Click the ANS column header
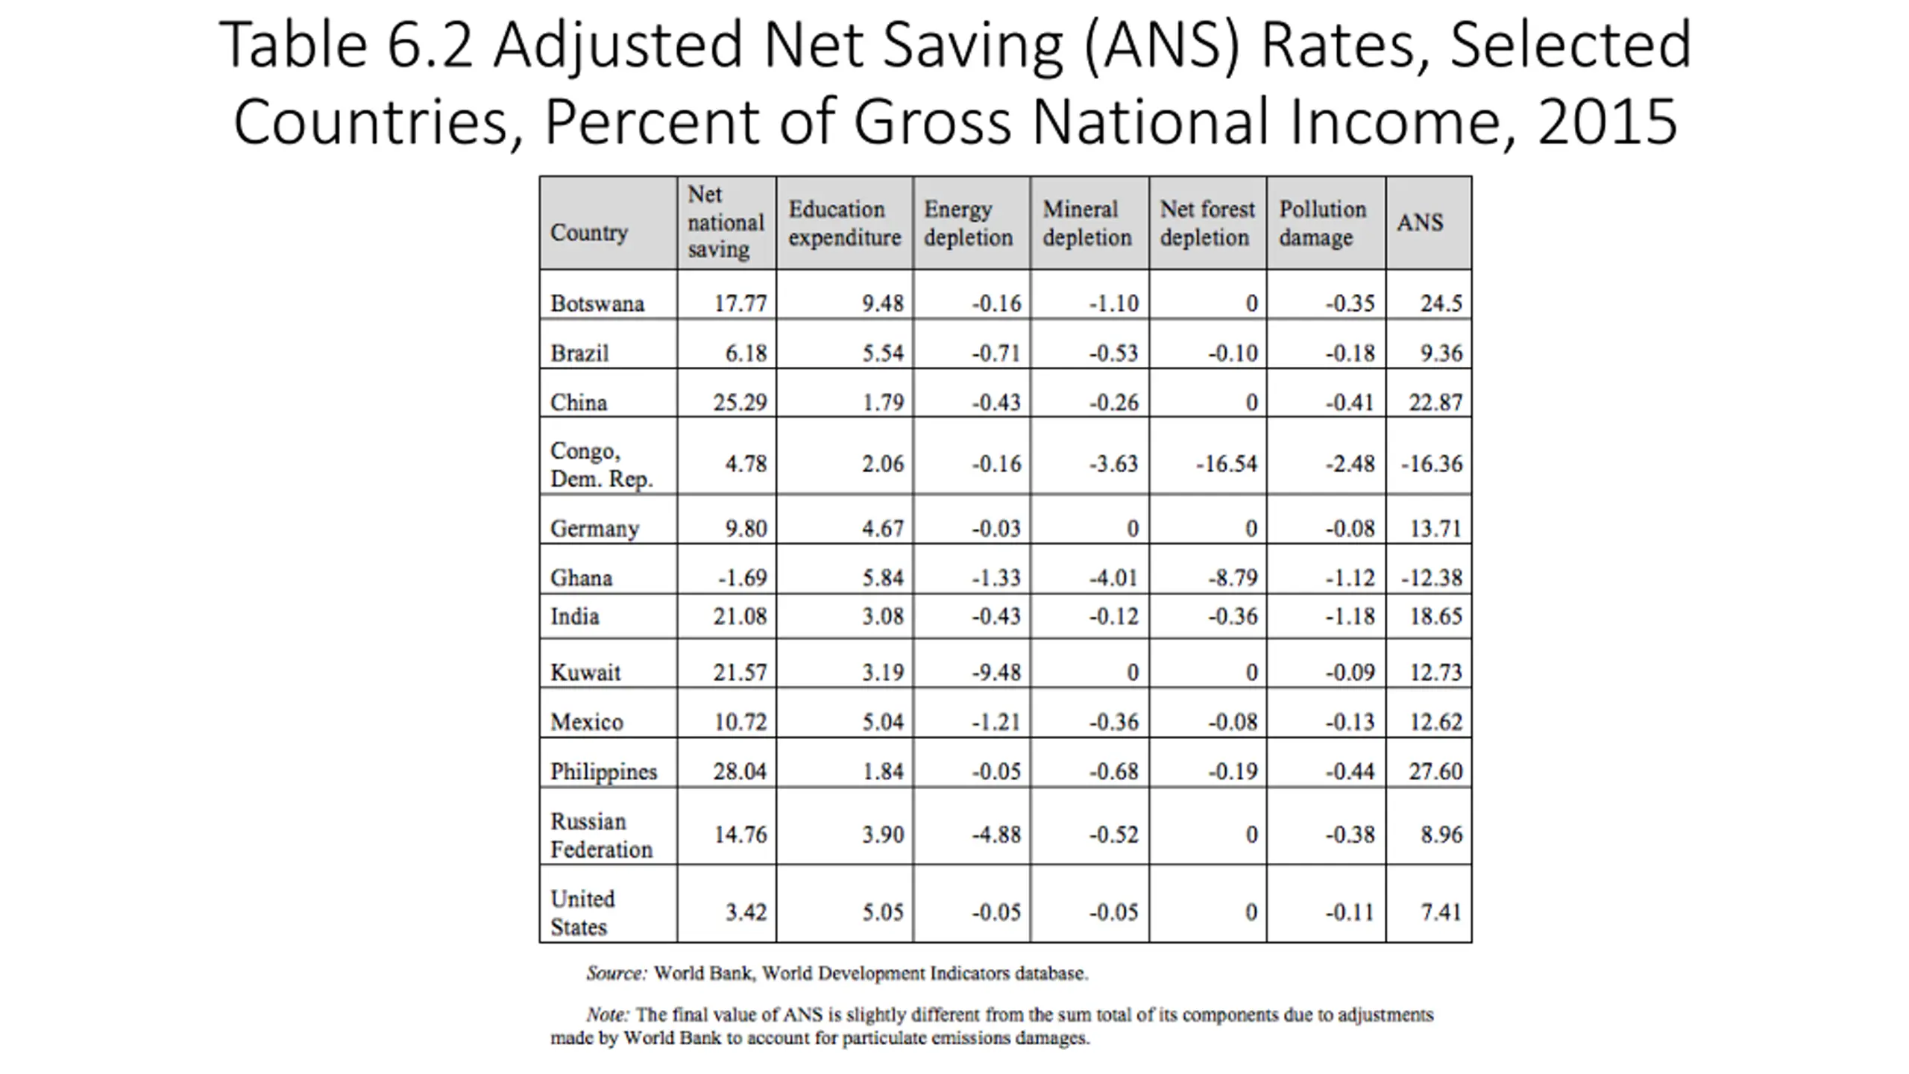pos(1420,223)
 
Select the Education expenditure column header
pos(844,223)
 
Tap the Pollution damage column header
pos(1322,223)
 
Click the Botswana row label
pos(597,304)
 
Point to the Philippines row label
pos(603,771)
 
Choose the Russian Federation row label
pos(601,835)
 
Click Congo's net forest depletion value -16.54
pos(1227,464)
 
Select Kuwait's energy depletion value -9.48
pos(996,672)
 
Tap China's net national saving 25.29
pos(739,403)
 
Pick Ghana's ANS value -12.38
pos(1431,578)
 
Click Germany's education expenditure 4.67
pos(883,529)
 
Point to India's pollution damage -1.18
pos(1350,617)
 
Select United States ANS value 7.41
pos(1441,912)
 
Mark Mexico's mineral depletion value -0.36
pos(1113,722)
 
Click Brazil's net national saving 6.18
pos(746,353)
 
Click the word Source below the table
pos(616,973)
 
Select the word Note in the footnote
pos(608,1015)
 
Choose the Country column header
pos(589,233)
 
